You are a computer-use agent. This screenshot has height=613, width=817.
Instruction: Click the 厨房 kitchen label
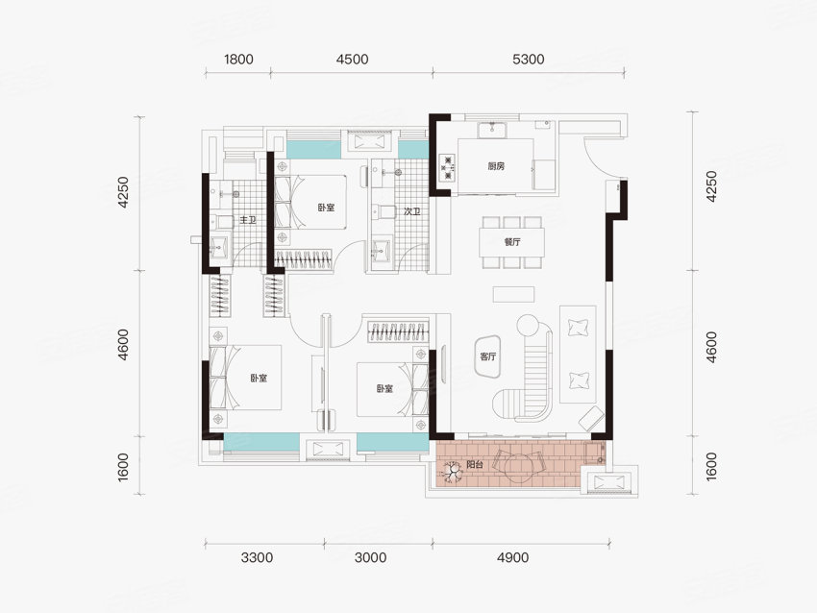tap(497, 166)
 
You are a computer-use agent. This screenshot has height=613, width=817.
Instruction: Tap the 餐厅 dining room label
tap(512, 242)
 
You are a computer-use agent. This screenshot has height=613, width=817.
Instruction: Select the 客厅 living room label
tap(488, 356)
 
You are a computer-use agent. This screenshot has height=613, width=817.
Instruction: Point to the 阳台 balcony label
tap(475, 465)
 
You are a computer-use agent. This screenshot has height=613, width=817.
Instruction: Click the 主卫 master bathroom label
tap(248, 220)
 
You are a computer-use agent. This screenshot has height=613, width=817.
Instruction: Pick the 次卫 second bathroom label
tap(412, 212)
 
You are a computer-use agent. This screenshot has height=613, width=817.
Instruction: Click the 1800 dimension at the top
tap(238, 60)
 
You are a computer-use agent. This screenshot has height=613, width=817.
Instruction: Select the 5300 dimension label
tap(529, 60)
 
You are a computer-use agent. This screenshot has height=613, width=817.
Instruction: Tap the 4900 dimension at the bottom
tap(513, 558)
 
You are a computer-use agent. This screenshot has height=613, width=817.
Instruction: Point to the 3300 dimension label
tap(258, 558)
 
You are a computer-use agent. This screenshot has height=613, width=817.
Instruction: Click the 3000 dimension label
tap(371, 558)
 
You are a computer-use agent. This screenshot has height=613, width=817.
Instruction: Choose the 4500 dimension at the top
tap(352, 60)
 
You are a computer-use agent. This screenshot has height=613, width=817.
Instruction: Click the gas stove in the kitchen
tap(448, 168)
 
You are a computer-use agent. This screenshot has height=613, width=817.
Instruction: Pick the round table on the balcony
tap(518, 466)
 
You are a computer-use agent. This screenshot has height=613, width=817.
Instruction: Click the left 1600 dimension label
tap(123, 467)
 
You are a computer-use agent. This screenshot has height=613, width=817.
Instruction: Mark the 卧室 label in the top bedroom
tap(326, 208)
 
